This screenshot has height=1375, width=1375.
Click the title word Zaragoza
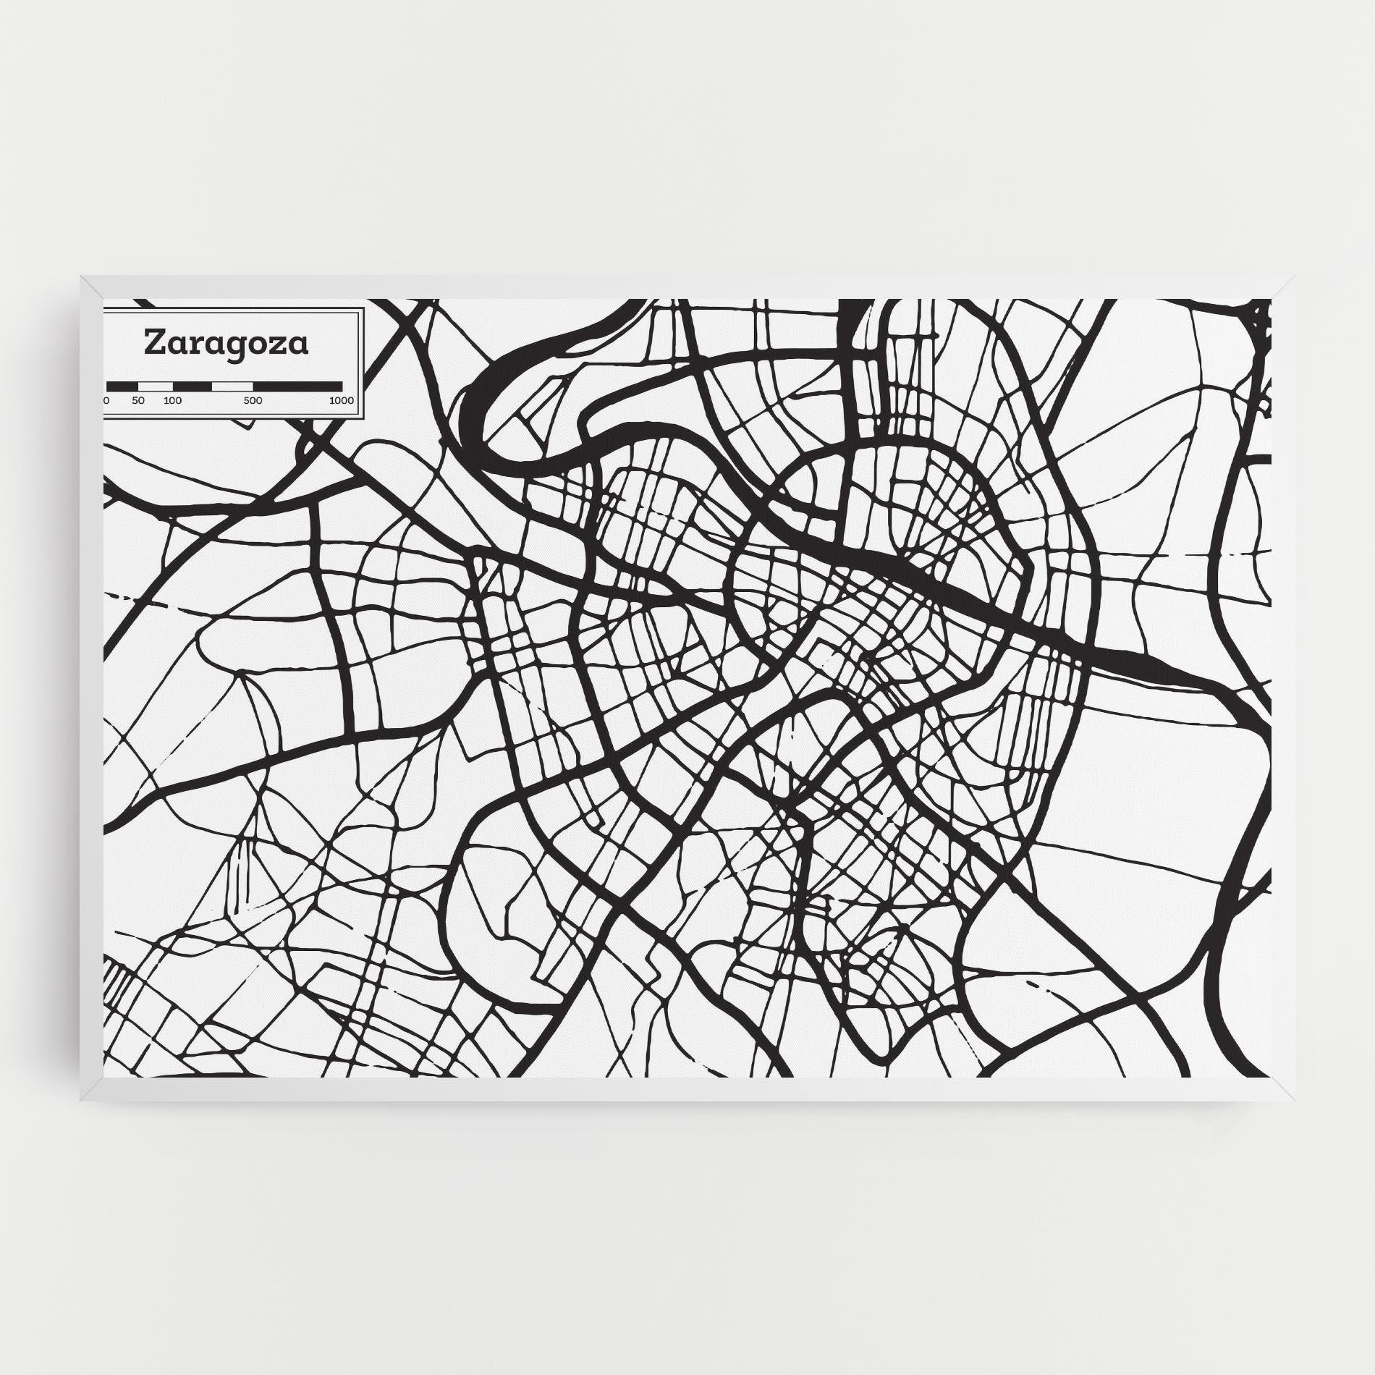pos(227,344)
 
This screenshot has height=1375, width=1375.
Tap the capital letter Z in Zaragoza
pos(153,343)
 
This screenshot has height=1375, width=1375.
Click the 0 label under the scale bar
pos(107,401)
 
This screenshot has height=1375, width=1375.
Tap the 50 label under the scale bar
pos(138,401)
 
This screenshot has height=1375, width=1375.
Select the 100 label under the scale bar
pos(172,401)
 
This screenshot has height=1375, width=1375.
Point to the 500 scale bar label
pos(253,401)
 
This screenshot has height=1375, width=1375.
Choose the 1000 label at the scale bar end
pos(341,401)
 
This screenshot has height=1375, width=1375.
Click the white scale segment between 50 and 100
pos(156,386)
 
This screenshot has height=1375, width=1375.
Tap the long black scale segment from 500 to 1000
pos(297,386)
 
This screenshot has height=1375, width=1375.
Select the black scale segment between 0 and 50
pos(122,386)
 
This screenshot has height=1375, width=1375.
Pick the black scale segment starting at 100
pos(192,386)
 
